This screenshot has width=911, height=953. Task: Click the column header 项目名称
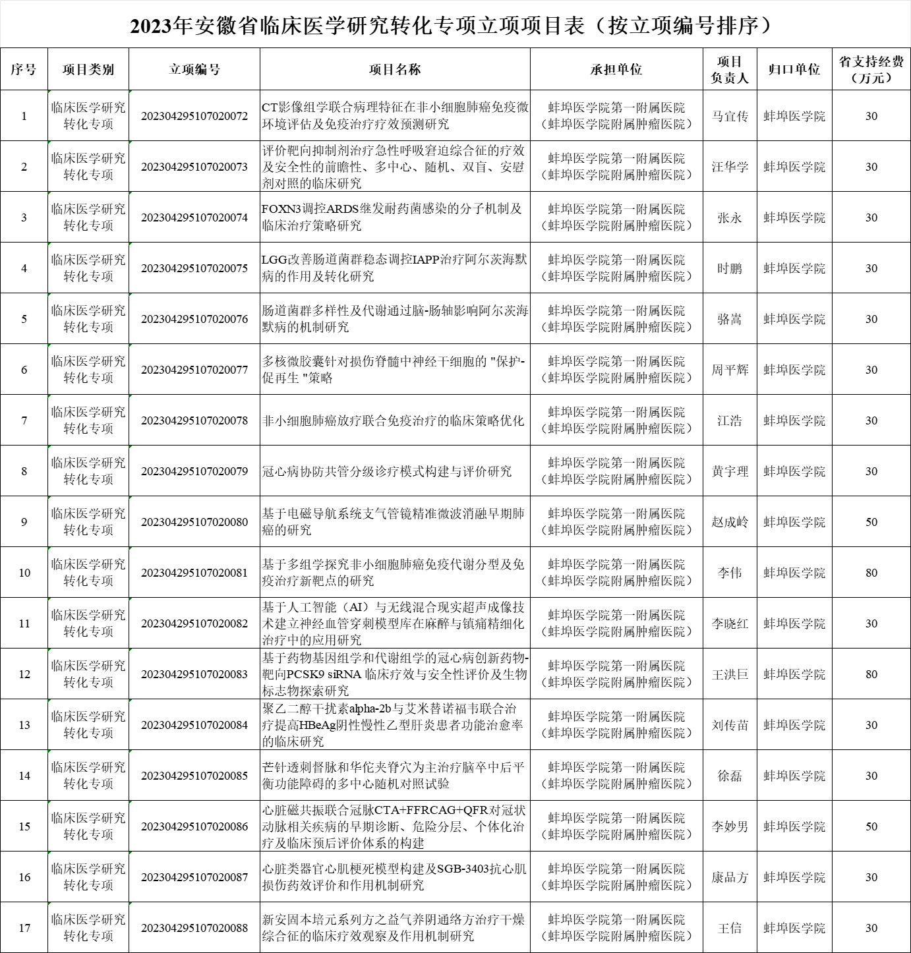point(395,69)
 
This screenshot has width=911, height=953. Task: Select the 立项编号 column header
point(194,69)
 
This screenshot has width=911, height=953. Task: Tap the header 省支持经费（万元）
point(871,69)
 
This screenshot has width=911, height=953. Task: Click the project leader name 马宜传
point(730,116)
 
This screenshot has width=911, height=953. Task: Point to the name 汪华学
point(730,167)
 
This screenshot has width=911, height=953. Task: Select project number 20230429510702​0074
point(194,217)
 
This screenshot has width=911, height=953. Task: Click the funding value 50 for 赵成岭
point(871,522)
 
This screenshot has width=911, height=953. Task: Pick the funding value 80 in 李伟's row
point(871,573)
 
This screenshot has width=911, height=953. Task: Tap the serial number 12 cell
point(24,674)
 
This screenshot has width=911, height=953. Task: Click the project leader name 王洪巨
point(730,674)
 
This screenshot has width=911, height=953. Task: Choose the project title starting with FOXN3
point(392,217)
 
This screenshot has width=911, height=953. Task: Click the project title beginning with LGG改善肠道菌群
point(394,268)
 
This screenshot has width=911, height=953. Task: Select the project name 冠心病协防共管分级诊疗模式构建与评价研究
point(387,471)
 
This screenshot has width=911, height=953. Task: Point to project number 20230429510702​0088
point(194,928)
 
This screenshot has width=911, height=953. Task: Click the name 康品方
point(730,877)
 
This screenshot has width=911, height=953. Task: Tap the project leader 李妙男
point(730,826)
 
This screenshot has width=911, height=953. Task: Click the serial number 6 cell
point(24,370)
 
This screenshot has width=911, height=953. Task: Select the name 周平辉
point(730,370)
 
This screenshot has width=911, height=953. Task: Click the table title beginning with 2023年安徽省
point(455,25)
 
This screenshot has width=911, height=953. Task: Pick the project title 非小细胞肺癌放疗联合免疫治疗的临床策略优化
point(393,420)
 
